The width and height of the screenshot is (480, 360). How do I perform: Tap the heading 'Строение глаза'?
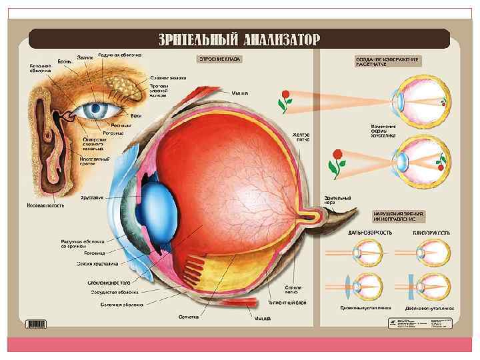pyautogui.click(x=218, y=59)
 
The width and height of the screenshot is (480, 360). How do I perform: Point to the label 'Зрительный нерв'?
pyautogui.click(x=333, y=201)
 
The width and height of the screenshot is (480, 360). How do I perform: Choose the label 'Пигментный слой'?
pyautogui.click(x=287, y=303)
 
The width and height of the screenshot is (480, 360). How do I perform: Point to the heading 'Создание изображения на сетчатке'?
pyautogui.click(x=386, y=61)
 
